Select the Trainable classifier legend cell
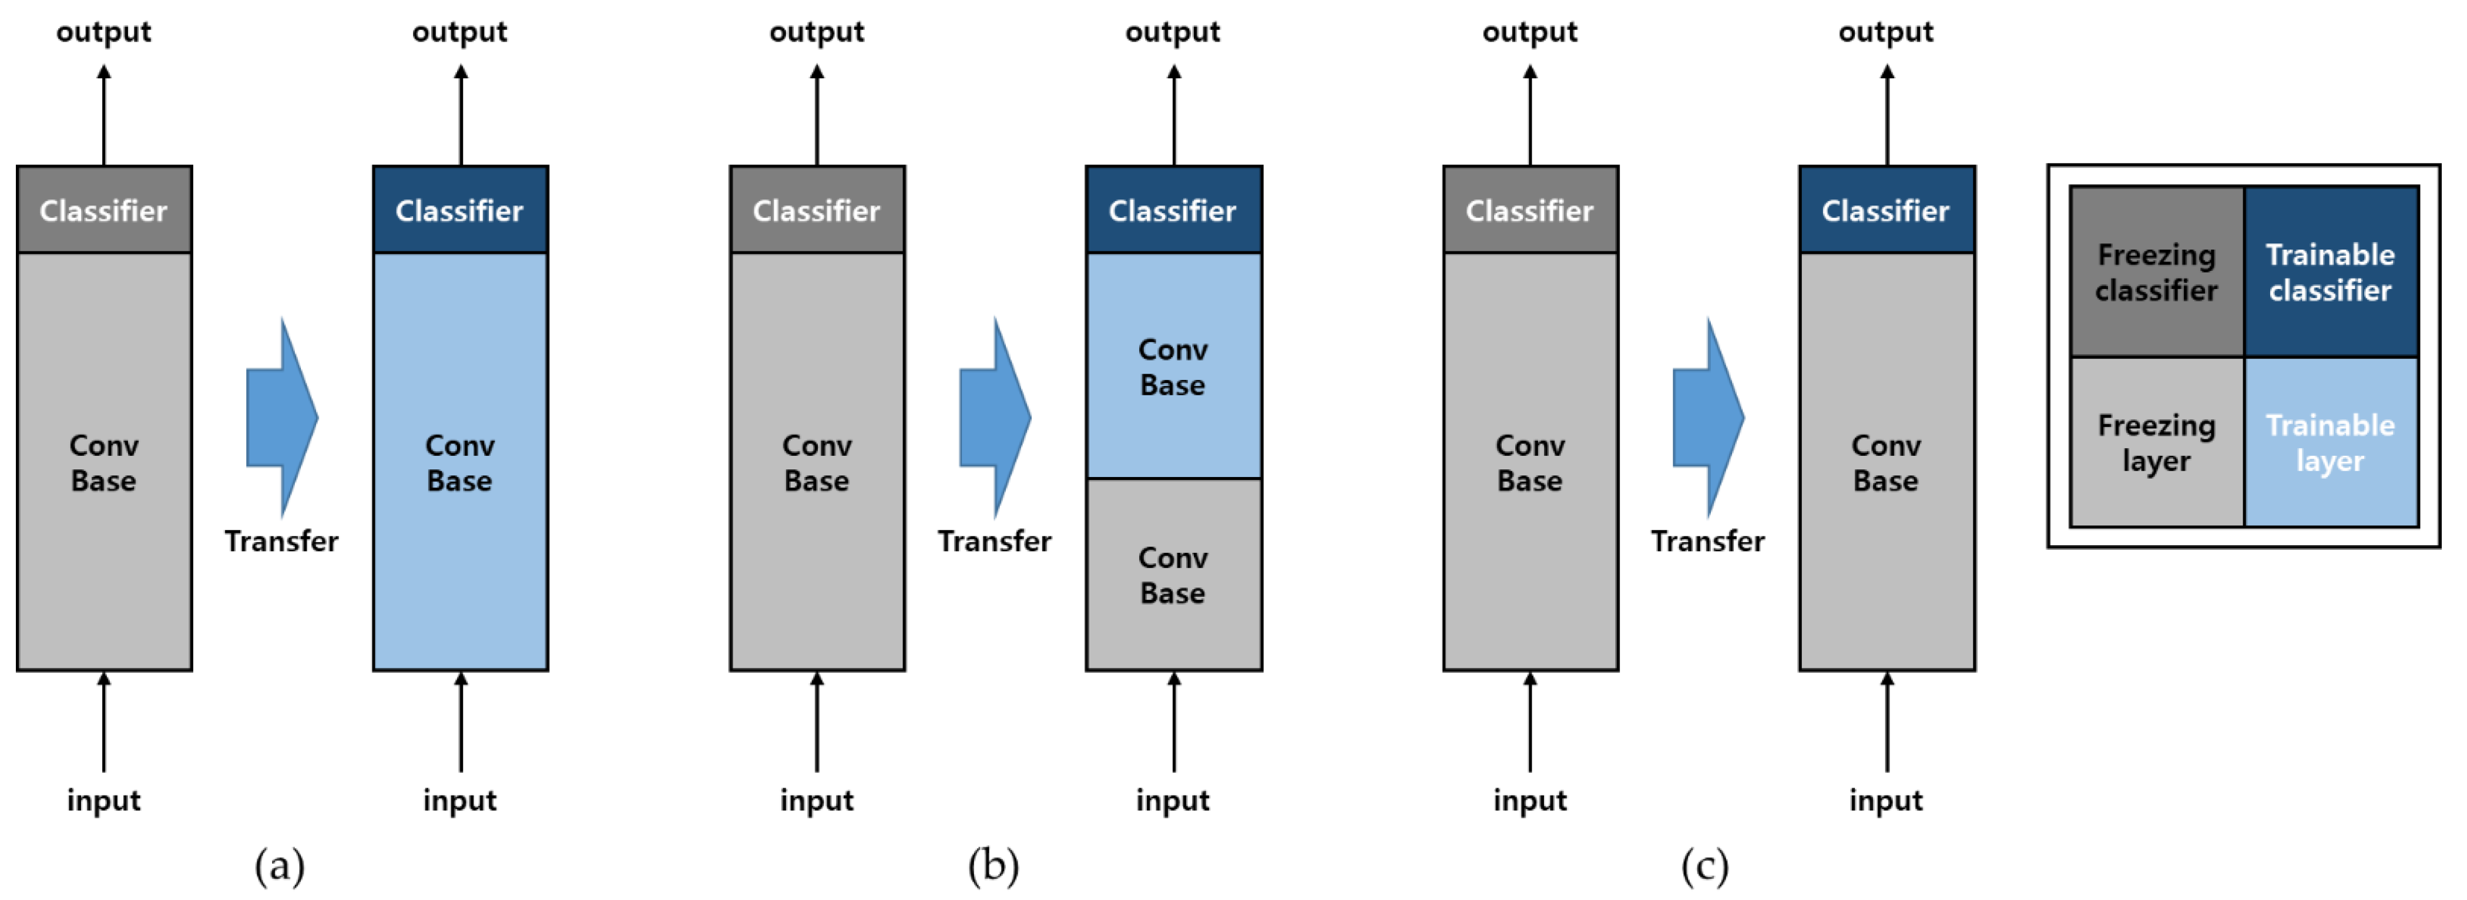coord(2330,272)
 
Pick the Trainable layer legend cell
coord(2330,441)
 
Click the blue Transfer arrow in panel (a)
coord(281,418)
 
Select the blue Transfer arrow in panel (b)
coord(994,418)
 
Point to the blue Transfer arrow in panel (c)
coord(1707,418)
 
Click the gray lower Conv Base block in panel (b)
coord(1173,575)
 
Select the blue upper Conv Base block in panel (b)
coord(1173,366)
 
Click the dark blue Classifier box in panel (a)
coord(459,210)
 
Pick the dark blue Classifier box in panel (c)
coord(1886,210)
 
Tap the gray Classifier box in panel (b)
coord(817,210)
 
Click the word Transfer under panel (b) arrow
coord(994,541)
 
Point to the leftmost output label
coord(103,32)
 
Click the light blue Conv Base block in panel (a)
coord(459,462)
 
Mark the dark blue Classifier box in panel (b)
coord(1173,210)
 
